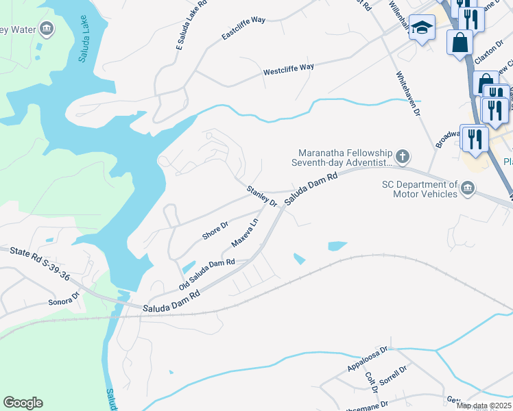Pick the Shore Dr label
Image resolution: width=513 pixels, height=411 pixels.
tap(215, 231)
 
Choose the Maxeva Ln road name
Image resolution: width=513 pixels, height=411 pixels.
tap(245, 233)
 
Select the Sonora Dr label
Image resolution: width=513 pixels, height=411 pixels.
tap(64, 299)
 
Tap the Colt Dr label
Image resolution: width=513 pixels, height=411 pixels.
tap(371, 382)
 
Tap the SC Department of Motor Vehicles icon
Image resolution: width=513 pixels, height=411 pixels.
tap(468, 188)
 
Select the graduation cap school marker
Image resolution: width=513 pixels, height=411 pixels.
tap(422, 28)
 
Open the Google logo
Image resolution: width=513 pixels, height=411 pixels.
tap(23, 403)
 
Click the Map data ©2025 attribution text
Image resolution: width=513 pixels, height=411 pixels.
tap(484, 406)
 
